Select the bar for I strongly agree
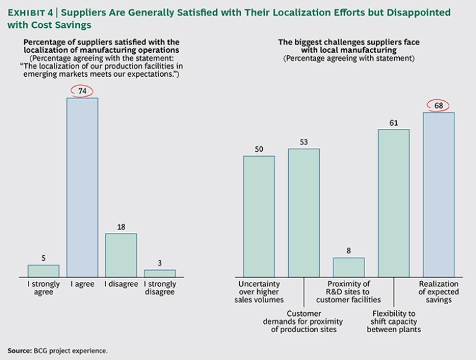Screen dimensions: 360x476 (43, 271)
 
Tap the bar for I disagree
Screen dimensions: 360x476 (121, 255)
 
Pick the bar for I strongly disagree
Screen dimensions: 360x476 (160, 273)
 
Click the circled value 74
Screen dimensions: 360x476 (82, 91)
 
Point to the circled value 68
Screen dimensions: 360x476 (438, 105)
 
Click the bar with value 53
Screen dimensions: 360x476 (304, 213)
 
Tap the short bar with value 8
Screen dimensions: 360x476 (348, 267)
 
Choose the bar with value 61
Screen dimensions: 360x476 (394, 203)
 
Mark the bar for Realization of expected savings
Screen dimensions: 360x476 (439, 195)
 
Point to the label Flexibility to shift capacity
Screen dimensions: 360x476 (394, 321)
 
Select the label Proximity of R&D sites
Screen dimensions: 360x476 (348, 292)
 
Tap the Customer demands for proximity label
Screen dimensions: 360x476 (304, 321)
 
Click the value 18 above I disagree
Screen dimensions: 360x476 (121, 227)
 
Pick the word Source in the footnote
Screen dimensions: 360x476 (19, 350)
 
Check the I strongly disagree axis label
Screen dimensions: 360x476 (160, 288)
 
